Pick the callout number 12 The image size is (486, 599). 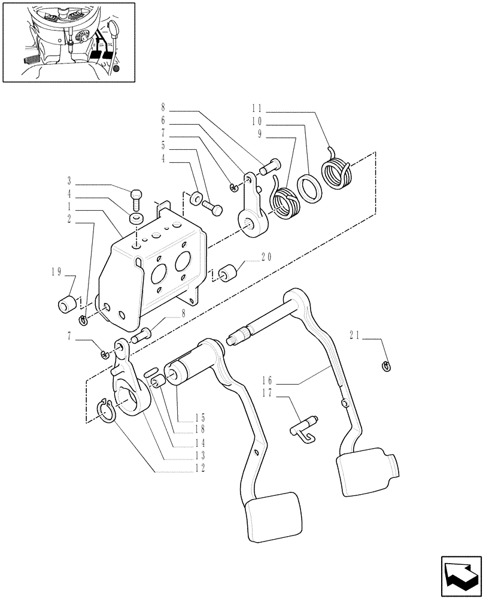(x=199, y=468)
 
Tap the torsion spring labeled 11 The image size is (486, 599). (x=338, y=169)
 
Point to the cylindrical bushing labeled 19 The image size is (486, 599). (x=67, y=304)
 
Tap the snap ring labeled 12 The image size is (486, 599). (x=105, y=411)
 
